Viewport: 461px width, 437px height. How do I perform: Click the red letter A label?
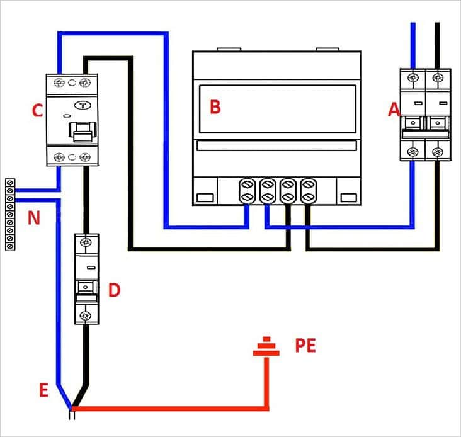coord(394,110)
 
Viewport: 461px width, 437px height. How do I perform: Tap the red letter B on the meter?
coord(215,106)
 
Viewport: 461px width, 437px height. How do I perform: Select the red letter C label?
coord(37,110)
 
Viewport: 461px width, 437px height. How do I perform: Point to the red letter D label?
coord(115,290)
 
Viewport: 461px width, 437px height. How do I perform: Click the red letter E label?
coord(44,390)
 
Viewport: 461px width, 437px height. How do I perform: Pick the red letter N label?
coord(34,218)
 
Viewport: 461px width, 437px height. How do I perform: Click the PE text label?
coord(305,345)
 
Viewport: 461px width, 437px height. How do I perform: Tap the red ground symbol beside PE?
coord(266,347)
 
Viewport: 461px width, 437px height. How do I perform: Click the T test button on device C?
coord(83,105)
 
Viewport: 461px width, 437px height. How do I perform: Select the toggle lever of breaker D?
coord(86,292)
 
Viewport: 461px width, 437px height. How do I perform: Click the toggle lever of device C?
coord(83,132)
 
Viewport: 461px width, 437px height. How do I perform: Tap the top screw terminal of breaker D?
coord(86,242)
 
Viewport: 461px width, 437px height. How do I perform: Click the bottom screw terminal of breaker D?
coord(86,316)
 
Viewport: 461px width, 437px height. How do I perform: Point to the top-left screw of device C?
coord(59,82)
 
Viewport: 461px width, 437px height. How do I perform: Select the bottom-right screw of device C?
coord(85,157)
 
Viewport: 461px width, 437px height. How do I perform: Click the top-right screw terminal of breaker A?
coord(438,77)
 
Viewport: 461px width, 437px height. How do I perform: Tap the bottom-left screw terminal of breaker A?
coord(413,152)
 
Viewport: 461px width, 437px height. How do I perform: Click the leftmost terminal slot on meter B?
coord(248,191)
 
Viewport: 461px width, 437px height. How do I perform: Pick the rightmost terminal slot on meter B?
coord(308,191)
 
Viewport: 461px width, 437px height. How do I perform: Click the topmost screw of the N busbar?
coord(11,183)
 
